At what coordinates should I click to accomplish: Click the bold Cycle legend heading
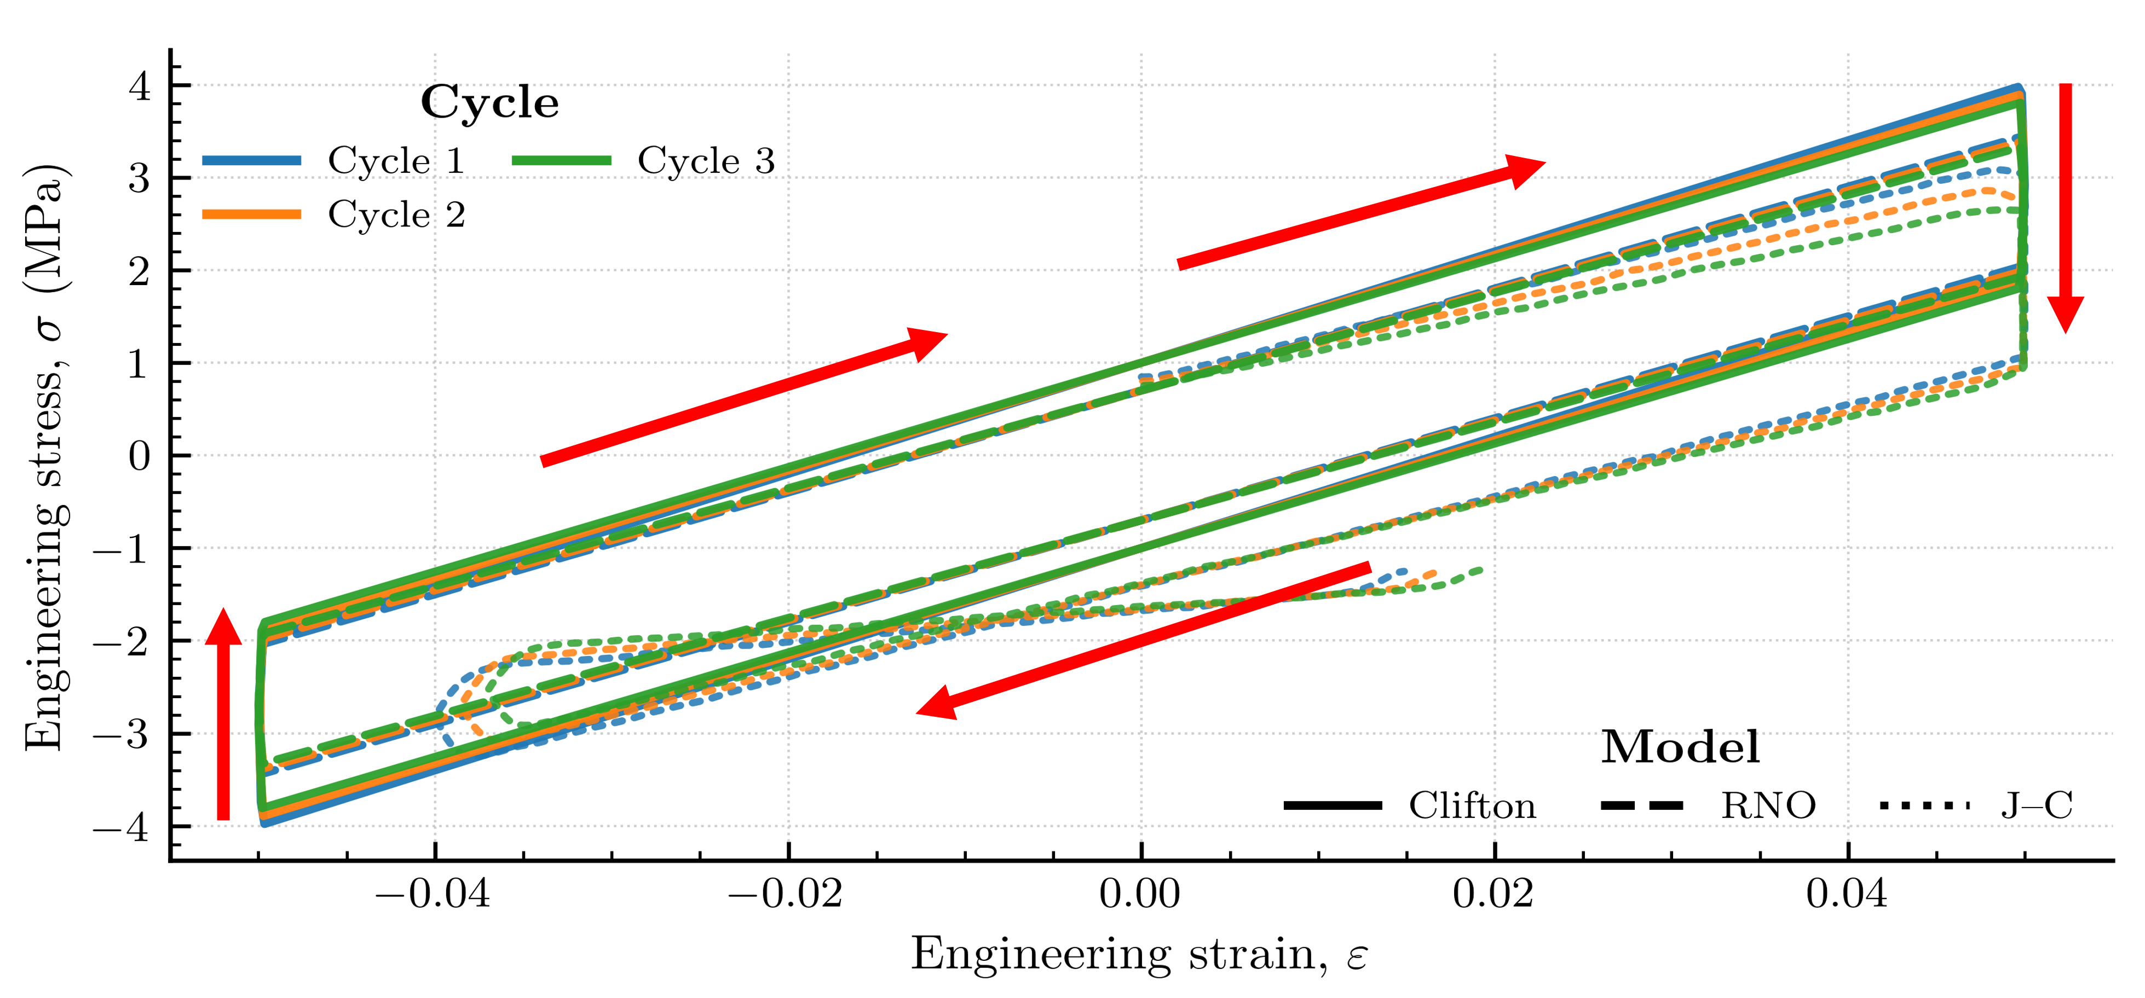click(489, 103)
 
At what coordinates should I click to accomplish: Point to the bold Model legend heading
click(1680, 747)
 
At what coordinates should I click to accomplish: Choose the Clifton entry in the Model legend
click(1472, 806)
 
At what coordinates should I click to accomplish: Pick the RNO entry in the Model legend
click(1768, 806)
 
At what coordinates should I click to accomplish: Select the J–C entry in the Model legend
click(2036, 806)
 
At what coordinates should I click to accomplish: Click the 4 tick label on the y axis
click(139, 86)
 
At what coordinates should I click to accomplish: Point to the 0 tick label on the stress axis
click(139, 456)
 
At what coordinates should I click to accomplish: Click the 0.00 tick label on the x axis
click(1140, 894)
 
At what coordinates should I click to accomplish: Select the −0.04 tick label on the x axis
click(433, 894)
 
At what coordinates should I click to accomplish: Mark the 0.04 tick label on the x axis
click(1847, 894)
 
